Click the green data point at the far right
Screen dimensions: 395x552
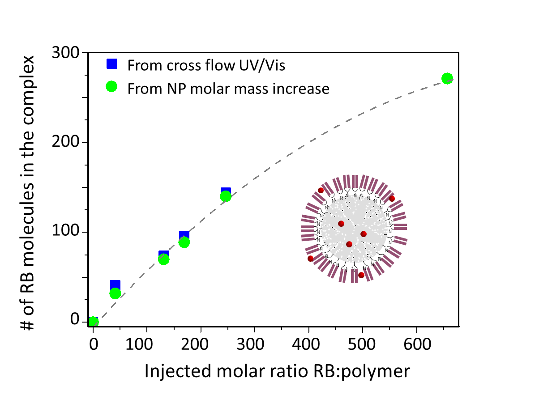point(447,78)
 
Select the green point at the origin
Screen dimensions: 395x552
point(93,322)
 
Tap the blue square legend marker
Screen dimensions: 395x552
point(111,64)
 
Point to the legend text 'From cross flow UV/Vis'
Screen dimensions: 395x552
point(207,65)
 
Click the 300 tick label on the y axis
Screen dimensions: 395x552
point(65,52)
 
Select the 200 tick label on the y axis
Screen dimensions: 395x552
point(65,141)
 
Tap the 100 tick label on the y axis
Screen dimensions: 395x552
point(65,230)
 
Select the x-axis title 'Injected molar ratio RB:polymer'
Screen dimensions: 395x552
point(277,371)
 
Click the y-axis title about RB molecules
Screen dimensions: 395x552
point(28,192)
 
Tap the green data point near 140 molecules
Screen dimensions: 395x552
point(226,196)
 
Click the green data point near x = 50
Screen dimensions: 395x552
point(115,293)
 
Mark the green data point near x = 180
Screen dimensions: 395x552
point(184,242)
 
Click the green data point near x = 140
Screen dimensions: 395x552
point(164,259)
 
